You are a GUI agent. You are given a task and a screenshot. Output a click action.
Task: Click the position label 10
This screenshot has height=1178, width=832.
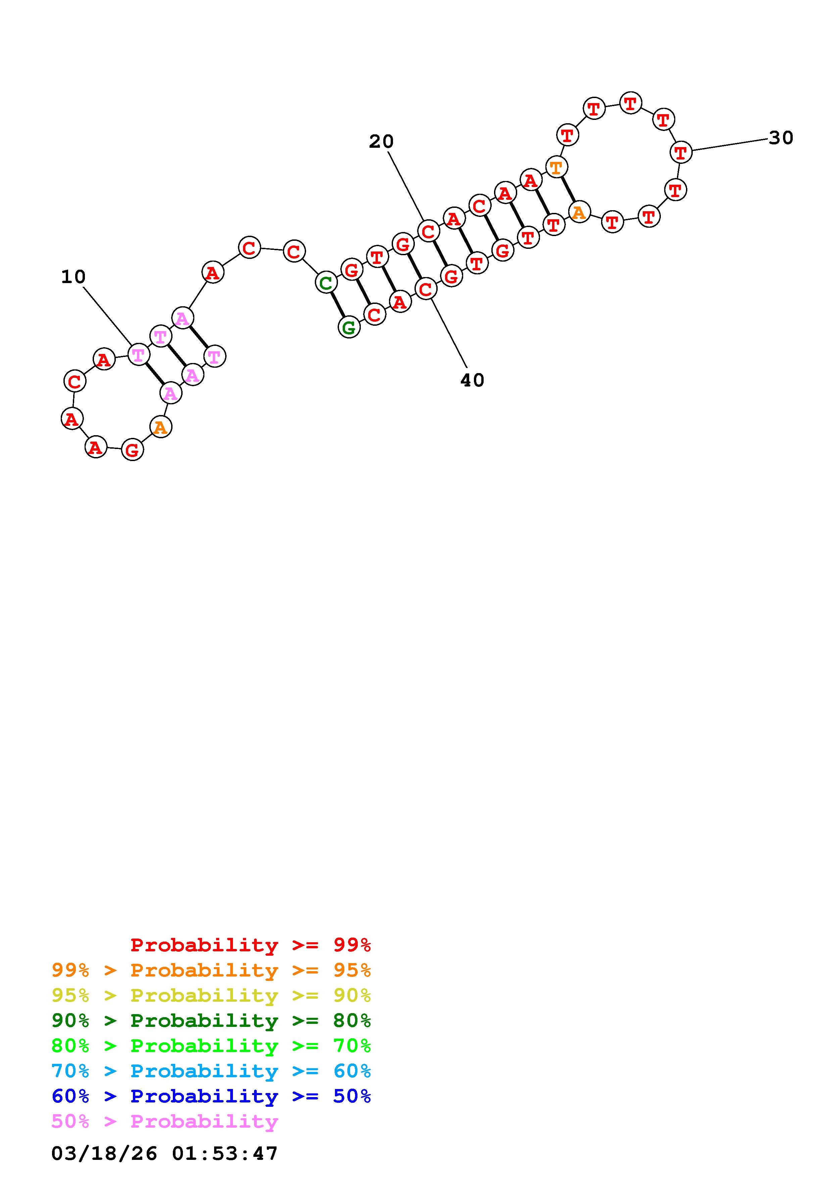coord(73,277)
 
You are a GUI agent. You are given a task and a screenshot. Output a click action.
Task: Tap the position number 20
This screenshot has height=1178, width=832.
coord(381,142)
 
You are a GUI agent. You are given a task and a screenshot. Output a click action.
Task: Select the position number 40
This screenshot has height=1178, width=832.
coord(472,380)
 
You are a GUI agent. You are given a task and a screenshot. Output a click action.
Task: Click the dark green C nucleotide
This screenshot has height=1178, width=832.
coord(326,282)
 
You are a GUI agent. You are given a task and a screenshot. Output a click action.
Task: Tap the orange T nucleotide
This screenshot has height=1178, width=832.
coord(556,167)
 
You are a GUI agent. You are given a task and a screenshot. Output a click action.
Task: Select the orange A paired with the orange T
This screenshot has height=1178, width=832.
coord(579,211)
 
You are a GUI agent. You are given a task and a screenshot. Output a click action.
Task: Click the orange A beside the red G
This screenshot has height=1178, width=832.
coord(160,427)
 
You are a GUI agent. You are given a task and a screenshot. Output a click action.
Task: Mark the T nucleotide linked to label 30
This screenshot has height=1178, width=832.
coord(681,152)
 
